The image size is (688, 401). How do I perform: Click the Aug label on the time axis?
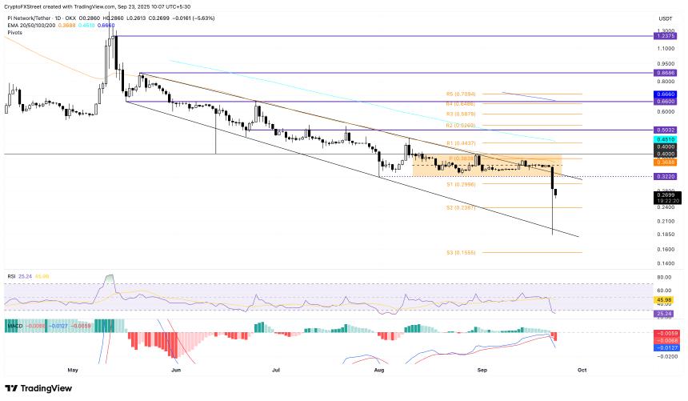[x=379, y=371]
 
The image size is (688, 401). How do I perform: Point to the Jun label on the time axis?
[x=174, y=371]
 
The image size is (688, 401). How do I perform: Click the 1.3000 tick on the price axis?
[x=666, y=30]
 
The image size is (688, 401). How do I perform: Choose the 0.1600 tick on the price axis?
[x=666, y=250]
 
